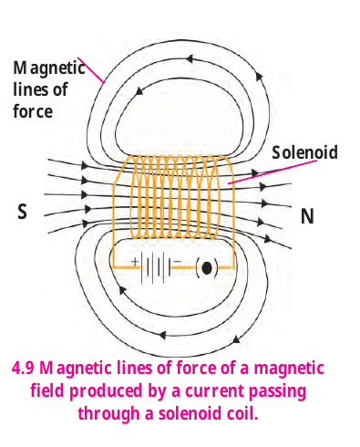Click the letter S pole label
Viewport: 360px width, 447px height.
(x=22, y=212)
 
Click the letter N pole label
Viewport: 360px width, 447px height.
(x=307, y=216)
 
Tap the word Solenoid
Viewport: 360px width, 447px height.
(x=304, y=152)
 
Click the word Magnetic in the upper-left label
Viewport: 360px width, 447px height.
(x=49, y=68)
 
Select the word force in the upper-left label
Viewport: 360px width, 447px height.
(x=33, y=111)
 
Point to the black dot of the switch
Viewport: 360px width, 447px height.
(x=207, y=268)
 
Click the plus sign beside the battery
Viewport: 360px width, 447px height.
(x=135, y=261)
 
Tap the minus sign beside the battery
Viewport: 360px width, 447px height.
(x=178, y=261)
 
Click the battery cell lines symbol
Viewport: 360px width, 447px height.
(x=157, y=268)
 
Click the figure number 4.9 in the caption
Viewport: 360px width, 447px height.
(x=23, y=368)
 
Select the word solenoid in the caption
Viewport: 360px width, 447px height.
(x=190, y=413)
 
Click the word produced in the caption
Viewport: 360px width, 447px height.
(x=106, y=391)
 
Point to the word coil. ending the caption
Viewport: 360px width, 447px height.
(x=242, y=413)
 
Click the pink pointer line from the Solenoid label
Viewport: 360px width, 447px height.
(x=273, y=172)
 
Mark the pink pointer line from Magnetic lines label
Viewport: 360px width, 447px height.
(x=91, y=70)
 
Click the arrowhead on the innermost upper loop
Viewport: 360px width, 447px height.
(x=139, y=90)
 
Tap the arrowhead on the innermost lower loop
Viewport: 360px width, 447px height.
(x=122, y=290)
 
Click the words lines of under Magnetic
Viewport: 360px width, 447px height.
(x=40, y=89)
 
